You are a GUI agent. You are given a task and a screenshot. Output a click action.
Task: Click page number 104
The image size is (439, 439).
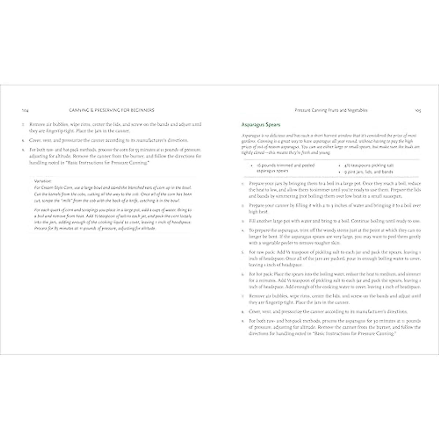(x=26, y=110)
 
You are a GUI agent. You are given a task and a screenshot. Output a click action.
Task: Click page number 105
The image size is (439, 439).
(x=417, y=110)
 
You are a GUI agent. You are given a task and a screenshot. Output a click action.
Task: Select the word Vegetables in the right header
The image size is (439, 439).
(x=356, y=110)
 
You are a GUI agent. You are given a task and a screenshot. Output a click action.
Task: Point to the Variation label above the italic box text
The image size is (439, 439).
(x=41, y=181)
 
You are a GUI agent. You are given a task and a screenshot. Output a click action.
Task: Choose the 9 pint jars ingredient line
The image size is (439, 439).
(x=368, y=172)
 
